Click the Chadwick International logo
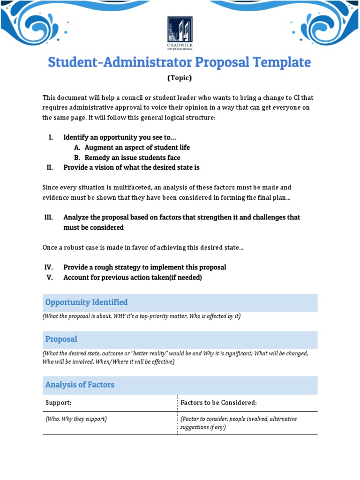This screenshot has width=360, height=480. click(x=180, y=34)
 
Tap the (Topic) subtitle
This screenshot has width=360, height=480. click(x=180, y=78)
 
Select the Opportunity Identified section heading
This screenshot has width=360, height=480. click(x=86, y=302)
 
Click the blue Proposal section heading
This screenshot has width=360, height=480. click(x=61, y=339)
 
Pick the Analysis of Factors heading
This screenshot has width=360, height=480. click(x=80, y=385)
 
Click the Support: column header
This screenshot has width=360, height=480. click(x=58, y=403)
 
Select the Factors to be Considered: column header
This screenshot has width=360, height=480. click(x=219, y=403)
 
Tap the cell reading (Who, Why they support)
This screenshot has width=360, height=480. click(x=76, y=419)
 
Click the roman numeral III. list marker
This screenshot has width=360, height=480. click(x=49, y=217)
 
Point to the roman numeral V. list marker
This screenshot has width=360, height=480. click(x=50, y=277)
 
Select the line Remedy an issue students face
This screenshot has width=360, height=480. click(x=132, y=158)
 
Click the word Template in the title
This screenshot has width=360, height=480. click(x=285, y=62)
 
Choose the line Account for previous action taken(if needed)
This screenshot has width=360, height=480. click(x=133, y=277)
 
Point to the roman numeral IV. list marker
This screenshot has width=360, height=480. click(x=49, y=267)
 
